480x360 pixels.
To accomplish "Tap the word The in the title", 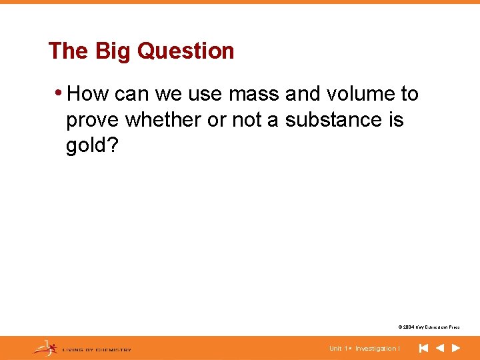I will click(68, 51).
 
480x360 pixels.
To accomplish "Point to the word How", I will click(87, 94).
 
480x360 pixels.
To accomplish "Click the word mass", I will click(255, 94).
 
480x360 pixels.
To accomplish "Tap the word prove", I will click(93, 121).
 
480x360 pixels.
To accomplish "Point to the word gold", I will click(85, 147).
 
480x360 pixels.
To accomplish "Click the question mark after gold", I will click(111, 146).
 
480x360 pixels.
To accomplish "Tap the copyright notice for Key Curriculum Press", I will click(429, 327).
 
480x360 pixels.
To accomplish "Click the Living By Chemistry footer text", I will click(97, 349).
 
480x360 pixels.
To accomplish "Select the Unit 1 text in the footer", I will click(337, 349).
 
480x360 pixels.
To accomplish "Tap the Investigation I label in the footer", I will click(377, 349).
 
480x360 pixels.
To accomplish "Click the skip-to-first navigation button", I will click(423, 348).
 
